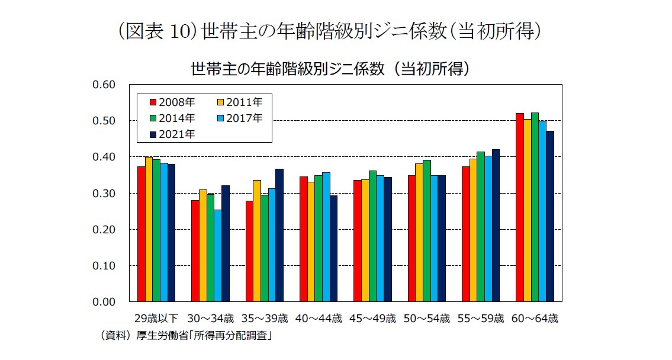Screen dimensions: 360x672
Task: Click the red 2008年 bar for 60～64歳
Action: (519, 207)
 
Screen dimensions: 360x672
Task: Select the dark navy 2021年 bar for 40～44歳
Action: (333, 248)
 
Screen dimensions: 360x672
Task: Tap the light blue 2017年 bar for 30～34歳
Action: (218, 255)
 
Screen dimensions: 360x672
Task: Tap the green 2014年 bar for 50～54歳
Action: (426, 230)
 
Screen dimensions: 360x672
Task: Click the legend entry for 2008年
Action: (172, 102)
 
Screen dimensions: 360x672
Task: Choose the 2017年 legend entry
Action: (240, 118)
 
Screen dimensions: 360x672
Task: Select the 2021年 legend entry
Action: (172, 134)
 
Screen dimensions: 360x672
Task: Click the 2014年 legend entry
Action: (172, 118)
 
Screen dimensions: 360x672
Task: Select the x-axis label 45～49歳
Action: (373, 319)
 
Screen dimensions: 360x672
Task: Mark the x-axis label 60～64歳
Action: (535, 319)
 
